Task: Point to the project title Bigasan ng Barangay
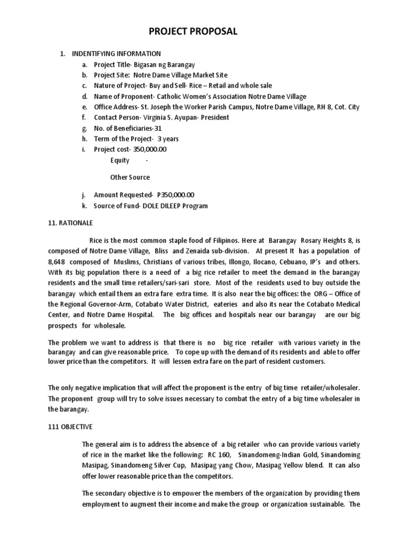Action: pos(166,64)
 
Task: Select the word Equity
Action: pos(120,160)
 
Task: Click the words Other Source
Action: pos(130,177)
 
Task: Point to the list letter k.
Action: pos(83,206)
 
